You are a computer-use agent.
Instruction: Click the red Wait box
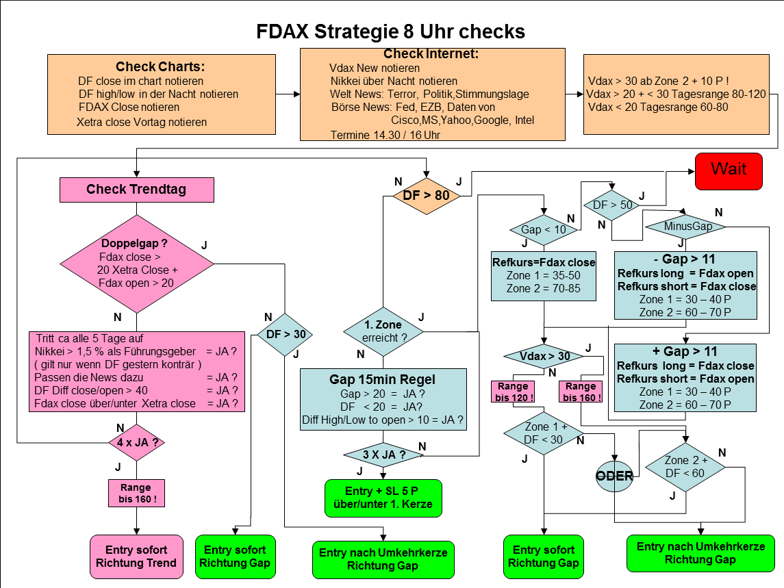pos(729,170)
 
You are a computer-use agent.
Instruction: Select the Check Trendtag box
pos(136,190)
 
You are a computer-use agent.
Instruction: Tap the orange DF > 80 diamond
pos(426,196)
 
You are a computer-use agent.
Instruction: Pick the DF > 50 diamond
pos(612,205)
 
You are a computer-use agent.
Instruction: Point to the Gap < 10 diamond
pos(544,230)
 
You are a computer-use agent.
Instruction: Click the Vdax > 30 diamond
pos(544,357)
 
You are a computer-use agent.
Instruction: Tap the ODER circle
pos(614,476)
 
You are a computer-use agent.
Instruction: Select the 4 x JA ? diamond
pos(137,443)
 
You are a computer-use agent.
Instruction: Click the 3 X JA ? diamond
pos(383,454)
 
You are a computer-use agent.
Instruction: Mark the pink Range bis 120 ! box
pos(513,392)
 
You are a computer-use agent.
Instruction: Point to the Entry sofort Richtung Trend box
pos(136,557)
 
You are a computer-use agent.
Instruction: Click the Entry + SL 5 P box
pos(383,498)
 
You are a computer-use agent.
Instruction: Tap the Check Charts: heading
pos(160,66)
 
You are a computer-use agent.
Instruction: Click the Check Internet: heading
pos(431,54)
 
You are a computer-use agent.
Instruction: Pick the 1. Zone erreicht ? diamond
pos(383,331)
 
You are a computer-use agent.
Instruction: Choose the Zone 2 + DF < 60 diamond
pos(685,467)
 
